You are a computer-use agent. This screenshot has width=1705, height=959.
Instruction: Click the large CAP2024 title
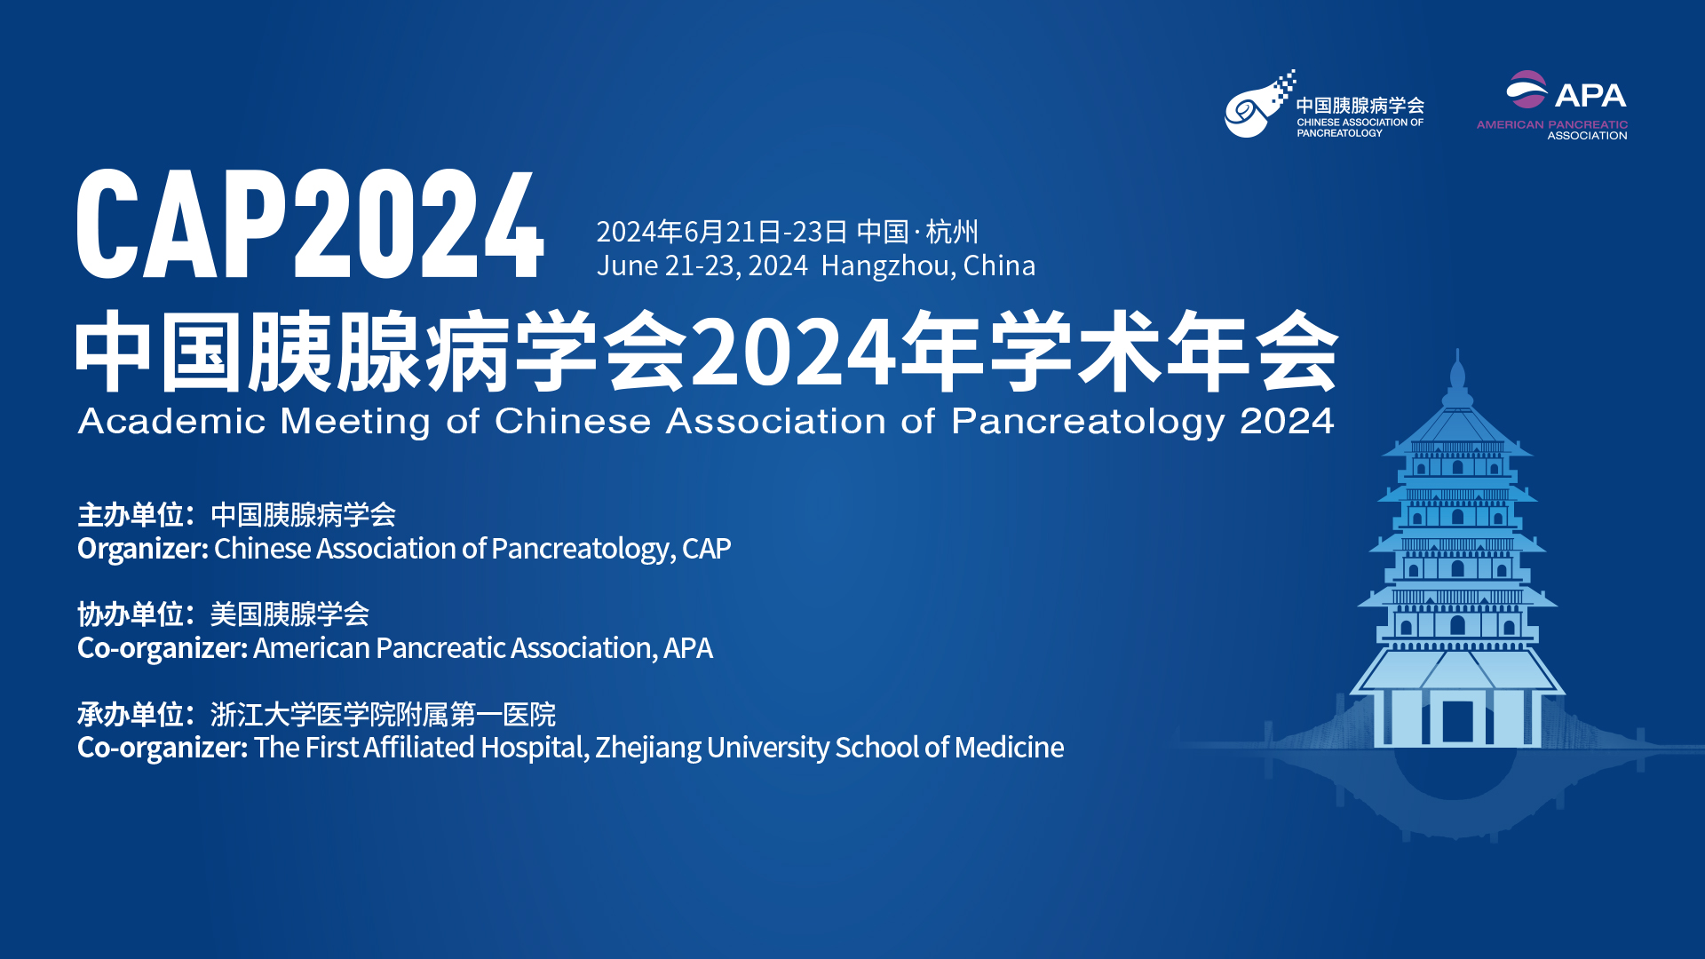[x=310, y=224]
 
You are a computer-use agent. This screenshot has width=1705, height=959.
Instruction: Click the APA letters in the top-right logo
[x=1590, y=95]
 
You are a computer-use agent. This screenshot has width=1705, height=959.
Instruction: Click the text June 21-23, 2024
[x=702, y=266]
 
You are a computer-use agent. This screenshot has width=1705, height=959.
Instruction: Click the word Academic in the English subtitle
[x=172, y=421]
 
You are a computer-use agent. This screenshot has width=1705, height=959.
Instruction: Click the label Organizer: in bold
[x=143, y=550]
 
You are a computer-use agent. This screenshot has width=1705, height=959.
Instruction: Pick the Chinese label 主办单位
[x=131, y=515]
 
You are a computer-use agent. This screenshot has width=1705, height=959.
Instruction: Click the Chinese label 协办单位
[x=131, y=614]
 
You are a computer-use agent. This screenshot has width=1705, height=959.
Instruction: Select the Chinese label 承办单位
[x=131, y=714]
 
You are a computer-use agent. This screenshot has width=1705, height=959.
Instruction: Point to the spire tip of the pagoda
[x=1457, y=350]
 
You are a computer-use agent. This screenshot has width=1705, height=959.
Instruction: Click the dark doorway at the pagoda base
[x=1457, y=721]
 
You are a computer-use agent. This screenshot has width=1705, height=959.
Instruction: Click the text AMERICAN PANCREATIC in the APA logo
[x=1552, y=125]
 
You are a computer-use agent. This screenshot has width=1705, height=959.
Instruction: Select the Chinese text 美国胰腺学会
[x=289, y=614]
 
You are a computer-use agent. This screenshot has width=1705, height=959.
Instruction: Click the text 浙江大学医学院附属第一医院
[x=383, y=714]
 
